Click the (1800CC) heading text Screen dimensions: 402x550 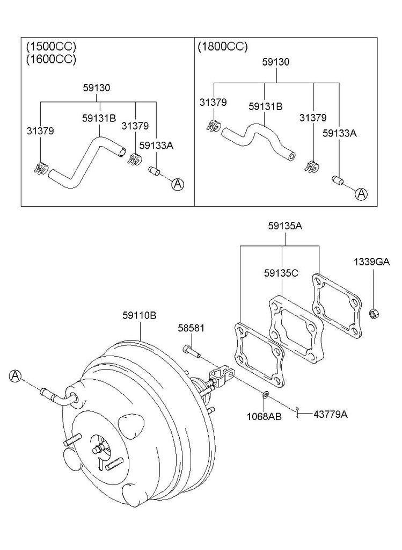pyautogui.click(x=223, y=47)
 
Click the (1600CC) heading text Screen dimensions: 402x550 pyautogui.click(x=51, y=59)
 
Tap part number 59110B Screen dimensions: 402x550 pyautogui.click(x=140, y=315)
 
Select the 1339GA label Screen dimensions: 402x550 pyautogui.click(x=372, y=262)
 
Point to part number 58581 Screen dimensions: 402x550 pyautogui.click(x=191, y=328)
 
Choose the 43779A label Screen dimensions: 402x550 pyautogui.click(x=330, y=414)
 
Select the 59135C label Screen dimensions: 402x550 pyautogui.click(x=281, y=273)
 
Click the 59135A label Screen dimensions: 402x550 pyautogui.click(x=286, y=226)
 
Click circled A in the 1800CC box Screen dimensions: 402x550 pyautogui.click(x=361, y=194)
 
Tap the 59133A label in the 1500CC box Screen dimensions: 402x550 pyautogui.click(x=156, y=145)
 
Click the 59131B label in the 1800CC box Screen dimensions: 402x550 pyautogui.click(x=265, y=106)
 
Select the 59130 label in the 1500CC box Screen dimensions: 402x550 pyautogui.click(x=97, y=88)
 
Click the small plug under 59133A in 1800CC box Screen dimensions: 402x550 pyautogui.click(x=337, y=180)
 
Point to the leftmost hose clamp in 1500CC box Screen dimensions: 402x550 pyautogui.click(x=41, y=168)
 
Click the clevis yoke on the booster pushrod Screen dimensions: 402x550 pyautogui.click(x=221, y=376)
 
